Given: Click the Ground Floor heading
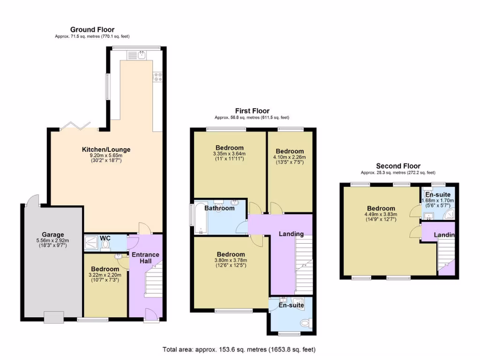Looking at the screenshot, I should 92,30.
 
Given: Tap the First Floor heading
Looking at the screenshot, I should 252,111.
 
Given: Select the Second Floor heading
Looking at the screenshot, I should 398,166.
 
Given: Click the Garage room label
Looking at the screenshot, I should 52,235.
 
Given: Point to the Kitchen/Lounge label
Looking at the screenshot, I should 106,150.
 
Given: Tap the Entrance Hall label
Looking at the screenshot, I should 145,258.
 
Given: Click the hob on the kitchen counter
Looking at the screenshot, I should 157,77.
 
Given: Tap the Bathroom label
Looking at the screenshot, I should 219,208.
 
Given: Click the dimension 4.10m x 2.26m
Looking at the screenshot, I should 289,157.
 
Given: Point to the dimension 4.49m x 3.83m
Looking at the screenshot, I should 381,215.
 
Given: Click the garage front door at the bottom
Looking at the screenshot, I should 53,318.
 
